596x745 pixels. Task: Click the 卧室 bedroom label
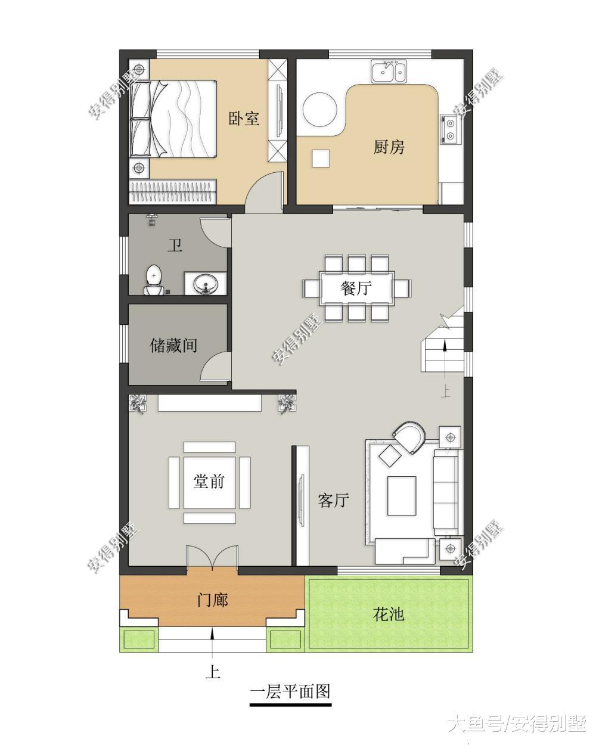[244, 118]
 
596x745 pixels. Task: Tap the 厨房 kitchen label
[389, 147]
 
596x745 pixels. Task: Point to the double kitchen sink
[389, 72]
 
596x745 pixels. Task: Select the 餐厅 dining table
[356, 288]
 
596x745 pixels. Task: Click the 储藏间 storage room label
[173, 345]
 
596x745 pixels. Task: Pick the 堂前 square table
[209, 482]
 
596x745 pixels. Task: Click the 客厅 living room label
[333, 500]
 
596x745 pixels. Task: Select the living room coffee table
[402, 495]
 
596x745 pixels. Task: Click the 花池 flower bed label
[389, 614]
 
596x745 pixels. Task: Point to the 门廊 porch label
[213, 600]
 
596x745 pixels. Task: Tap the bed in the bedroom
[173, 119]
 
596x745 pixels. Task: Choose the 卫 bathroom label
[175, 246]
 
